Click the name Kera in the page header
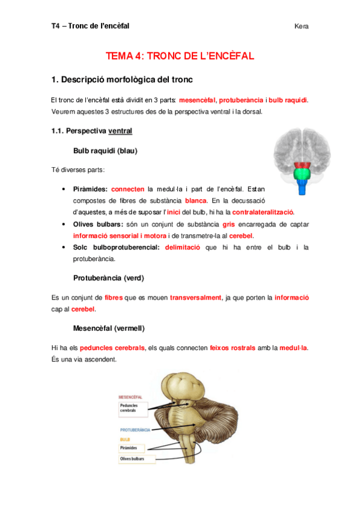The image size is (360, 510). coord(302,26)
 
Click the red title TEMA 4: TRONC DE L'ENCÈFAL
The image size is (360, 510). coord(180,56)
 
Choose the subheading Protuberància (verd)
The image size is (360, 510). coord(108,278)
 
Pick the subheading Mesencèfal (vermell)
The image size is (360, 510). coord(108,328)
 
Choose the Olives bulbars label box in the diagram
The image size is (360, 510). coord(136,459)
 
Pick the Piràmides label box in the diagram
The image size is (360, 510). coord(133,448)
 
